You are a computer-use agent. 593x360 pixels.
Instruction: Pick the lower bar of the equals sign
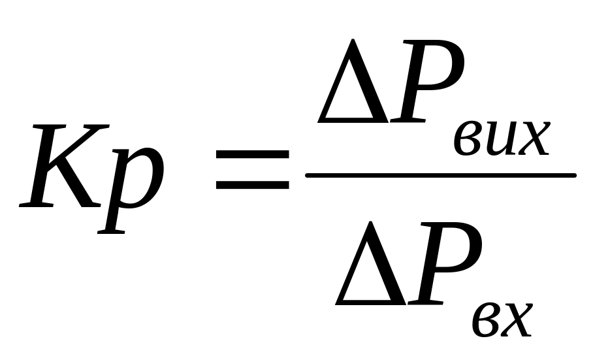tap(252, 184)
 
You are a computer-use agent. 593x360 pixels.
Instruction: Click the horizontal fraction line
tap(441, 175)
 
